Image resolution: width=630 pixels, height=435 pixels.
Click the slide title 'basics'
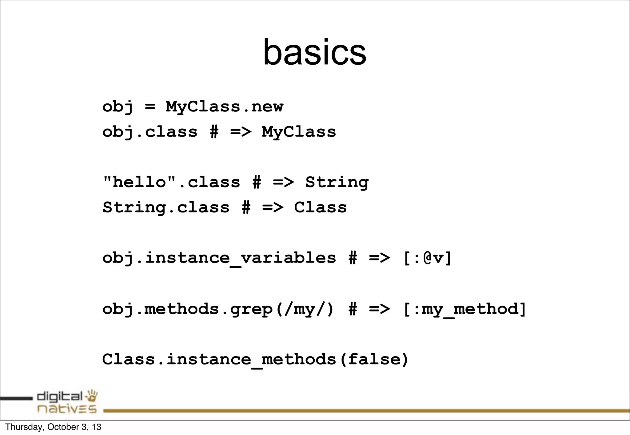click(x=314, y=52)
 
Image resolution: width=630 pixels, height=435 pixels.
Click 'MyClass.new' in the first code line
click(x=224, y=107)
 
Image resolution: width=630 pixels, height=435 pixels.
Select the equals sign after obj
click(x=150, y=107)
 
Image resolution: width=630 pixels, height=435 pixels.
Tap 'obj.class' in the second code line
click(x=150, y=132)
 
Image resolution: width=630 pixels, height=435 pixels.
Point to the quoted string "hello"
click(x=139, y=182)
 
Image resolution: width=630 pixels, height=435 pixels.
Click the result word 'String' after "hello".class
click(x=337, y=182)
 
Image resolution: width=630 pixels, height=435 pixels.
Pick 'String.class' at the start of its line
click(x=166, y=207)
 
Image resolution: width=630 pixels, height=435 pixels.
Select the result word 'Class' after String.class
click(x=320, y=207)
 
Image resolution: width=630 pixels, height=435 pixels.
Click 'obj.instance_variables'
click(x=219, y=258)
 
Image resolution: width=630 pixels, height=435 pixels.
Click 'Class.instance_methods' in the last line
click(x=219, y=359)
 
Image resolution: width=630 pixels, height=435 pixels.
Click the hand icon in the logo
click(x=92, y=396)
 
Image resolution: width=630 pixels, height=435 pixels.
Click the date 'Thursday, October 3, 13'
click(x=53, y=427)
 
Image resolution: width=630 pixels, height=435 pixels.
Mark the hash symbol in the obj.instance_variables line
click(x=353, y=258)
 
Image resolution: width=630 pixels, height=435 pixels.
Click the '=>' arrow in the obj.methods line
click(x=379, y=309)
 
